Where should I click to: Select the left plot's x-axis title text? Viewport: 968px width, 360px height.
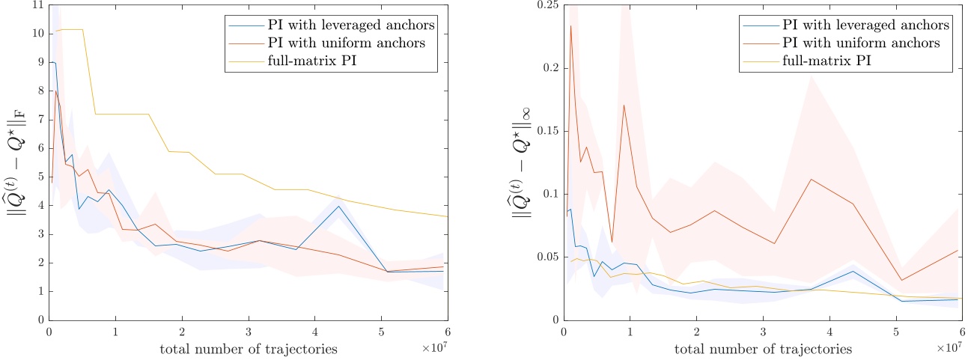click(x=248, y=349)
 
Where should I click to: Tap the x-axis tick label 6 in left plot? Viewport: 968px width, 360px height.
click(x=447, y=332)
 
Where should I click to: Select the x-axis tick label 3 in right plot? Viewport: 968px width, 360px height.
click(x=763, y=332)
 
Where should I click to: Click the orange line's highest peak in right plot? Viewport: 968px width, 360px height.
click(x=570, y=25)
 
